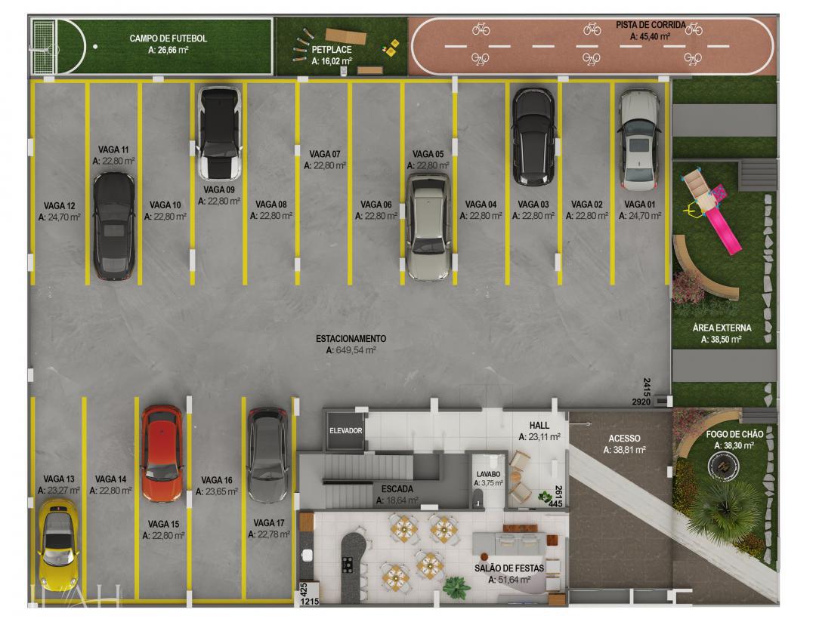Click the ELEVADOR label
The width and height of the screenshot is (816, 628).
coord(345,430)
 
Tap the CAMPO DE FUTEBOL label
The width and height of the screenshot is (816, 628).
coord(168,38)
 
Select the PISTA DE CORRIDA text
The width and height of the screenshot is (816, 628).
coord(650,25)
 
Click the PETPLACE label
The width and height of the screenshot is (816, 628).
coord(332,50)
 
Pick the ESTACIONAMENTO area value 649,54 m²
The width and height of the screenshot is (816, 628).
coord(351,350)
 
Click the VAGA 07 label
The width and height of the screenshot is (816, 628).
coord(325,154)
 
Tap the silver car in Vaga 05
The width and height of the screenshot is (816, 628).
coord(428,226)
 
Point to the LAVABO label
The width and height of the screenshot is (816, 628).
coord(487,473)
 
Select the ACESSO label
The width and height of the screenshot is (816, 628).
coord(624,439)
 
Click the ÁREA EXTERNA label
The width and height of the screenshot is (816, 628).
coord(722,328)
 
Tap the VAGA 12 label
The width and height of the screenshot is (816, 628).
coord(59,205)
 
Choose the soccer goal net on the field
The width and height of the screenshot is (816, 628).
coord(44,46)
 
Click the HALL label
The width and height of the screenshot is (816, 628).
coord(539,426)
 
